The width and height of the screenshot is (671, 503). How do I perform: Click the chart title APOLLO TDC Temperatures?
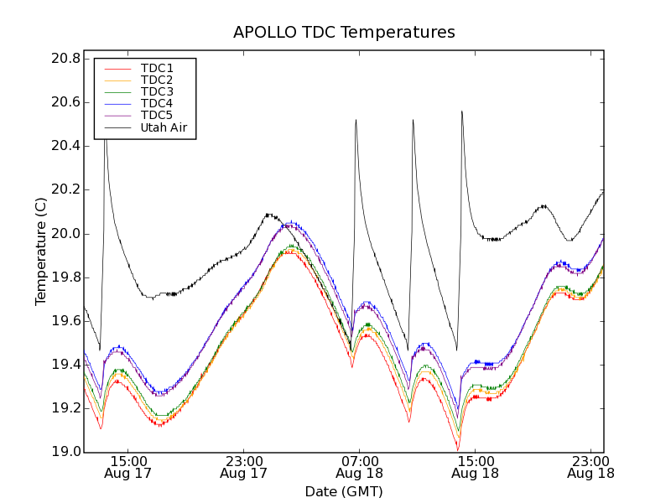pyautogui.click(x=344, y=33)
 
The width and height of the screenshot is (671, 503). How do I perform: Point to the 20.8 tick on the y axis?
pyautogui.click(x=65, y=59)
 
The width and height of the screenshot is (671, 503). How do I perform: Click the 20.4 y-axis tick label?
pyautogui.click(x=65, y=146)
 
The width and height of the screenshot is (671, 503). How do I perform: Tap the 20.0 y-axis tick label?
pyautogui.click(x=65, y=233)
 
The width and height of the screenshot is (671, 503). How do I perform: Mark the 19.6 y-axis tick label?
pyautogui.click(x=65, y=321)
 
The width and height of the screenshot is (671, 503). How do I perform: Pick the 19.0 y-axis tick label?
pyautogui.click(x=65, y=452)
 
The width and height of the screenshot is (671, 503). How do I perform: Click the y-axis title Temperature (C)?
pyautogui.click(x=41, y=251)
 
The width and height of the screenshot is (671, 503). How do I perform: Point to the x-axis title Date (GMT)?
pyautogui.click(x=344, y=492)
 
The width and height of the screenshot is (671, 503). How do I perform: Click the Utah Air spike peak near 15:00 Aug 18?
pyautogui.click(x=461, y=111)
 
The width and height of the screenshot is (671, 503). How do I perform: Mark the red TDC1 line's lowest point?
pyautogui.click(x=458, y=450)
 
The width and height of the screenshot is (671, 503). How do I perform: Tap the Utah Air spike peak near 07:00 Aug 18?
pyautogui.click(x=356, y=120)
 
